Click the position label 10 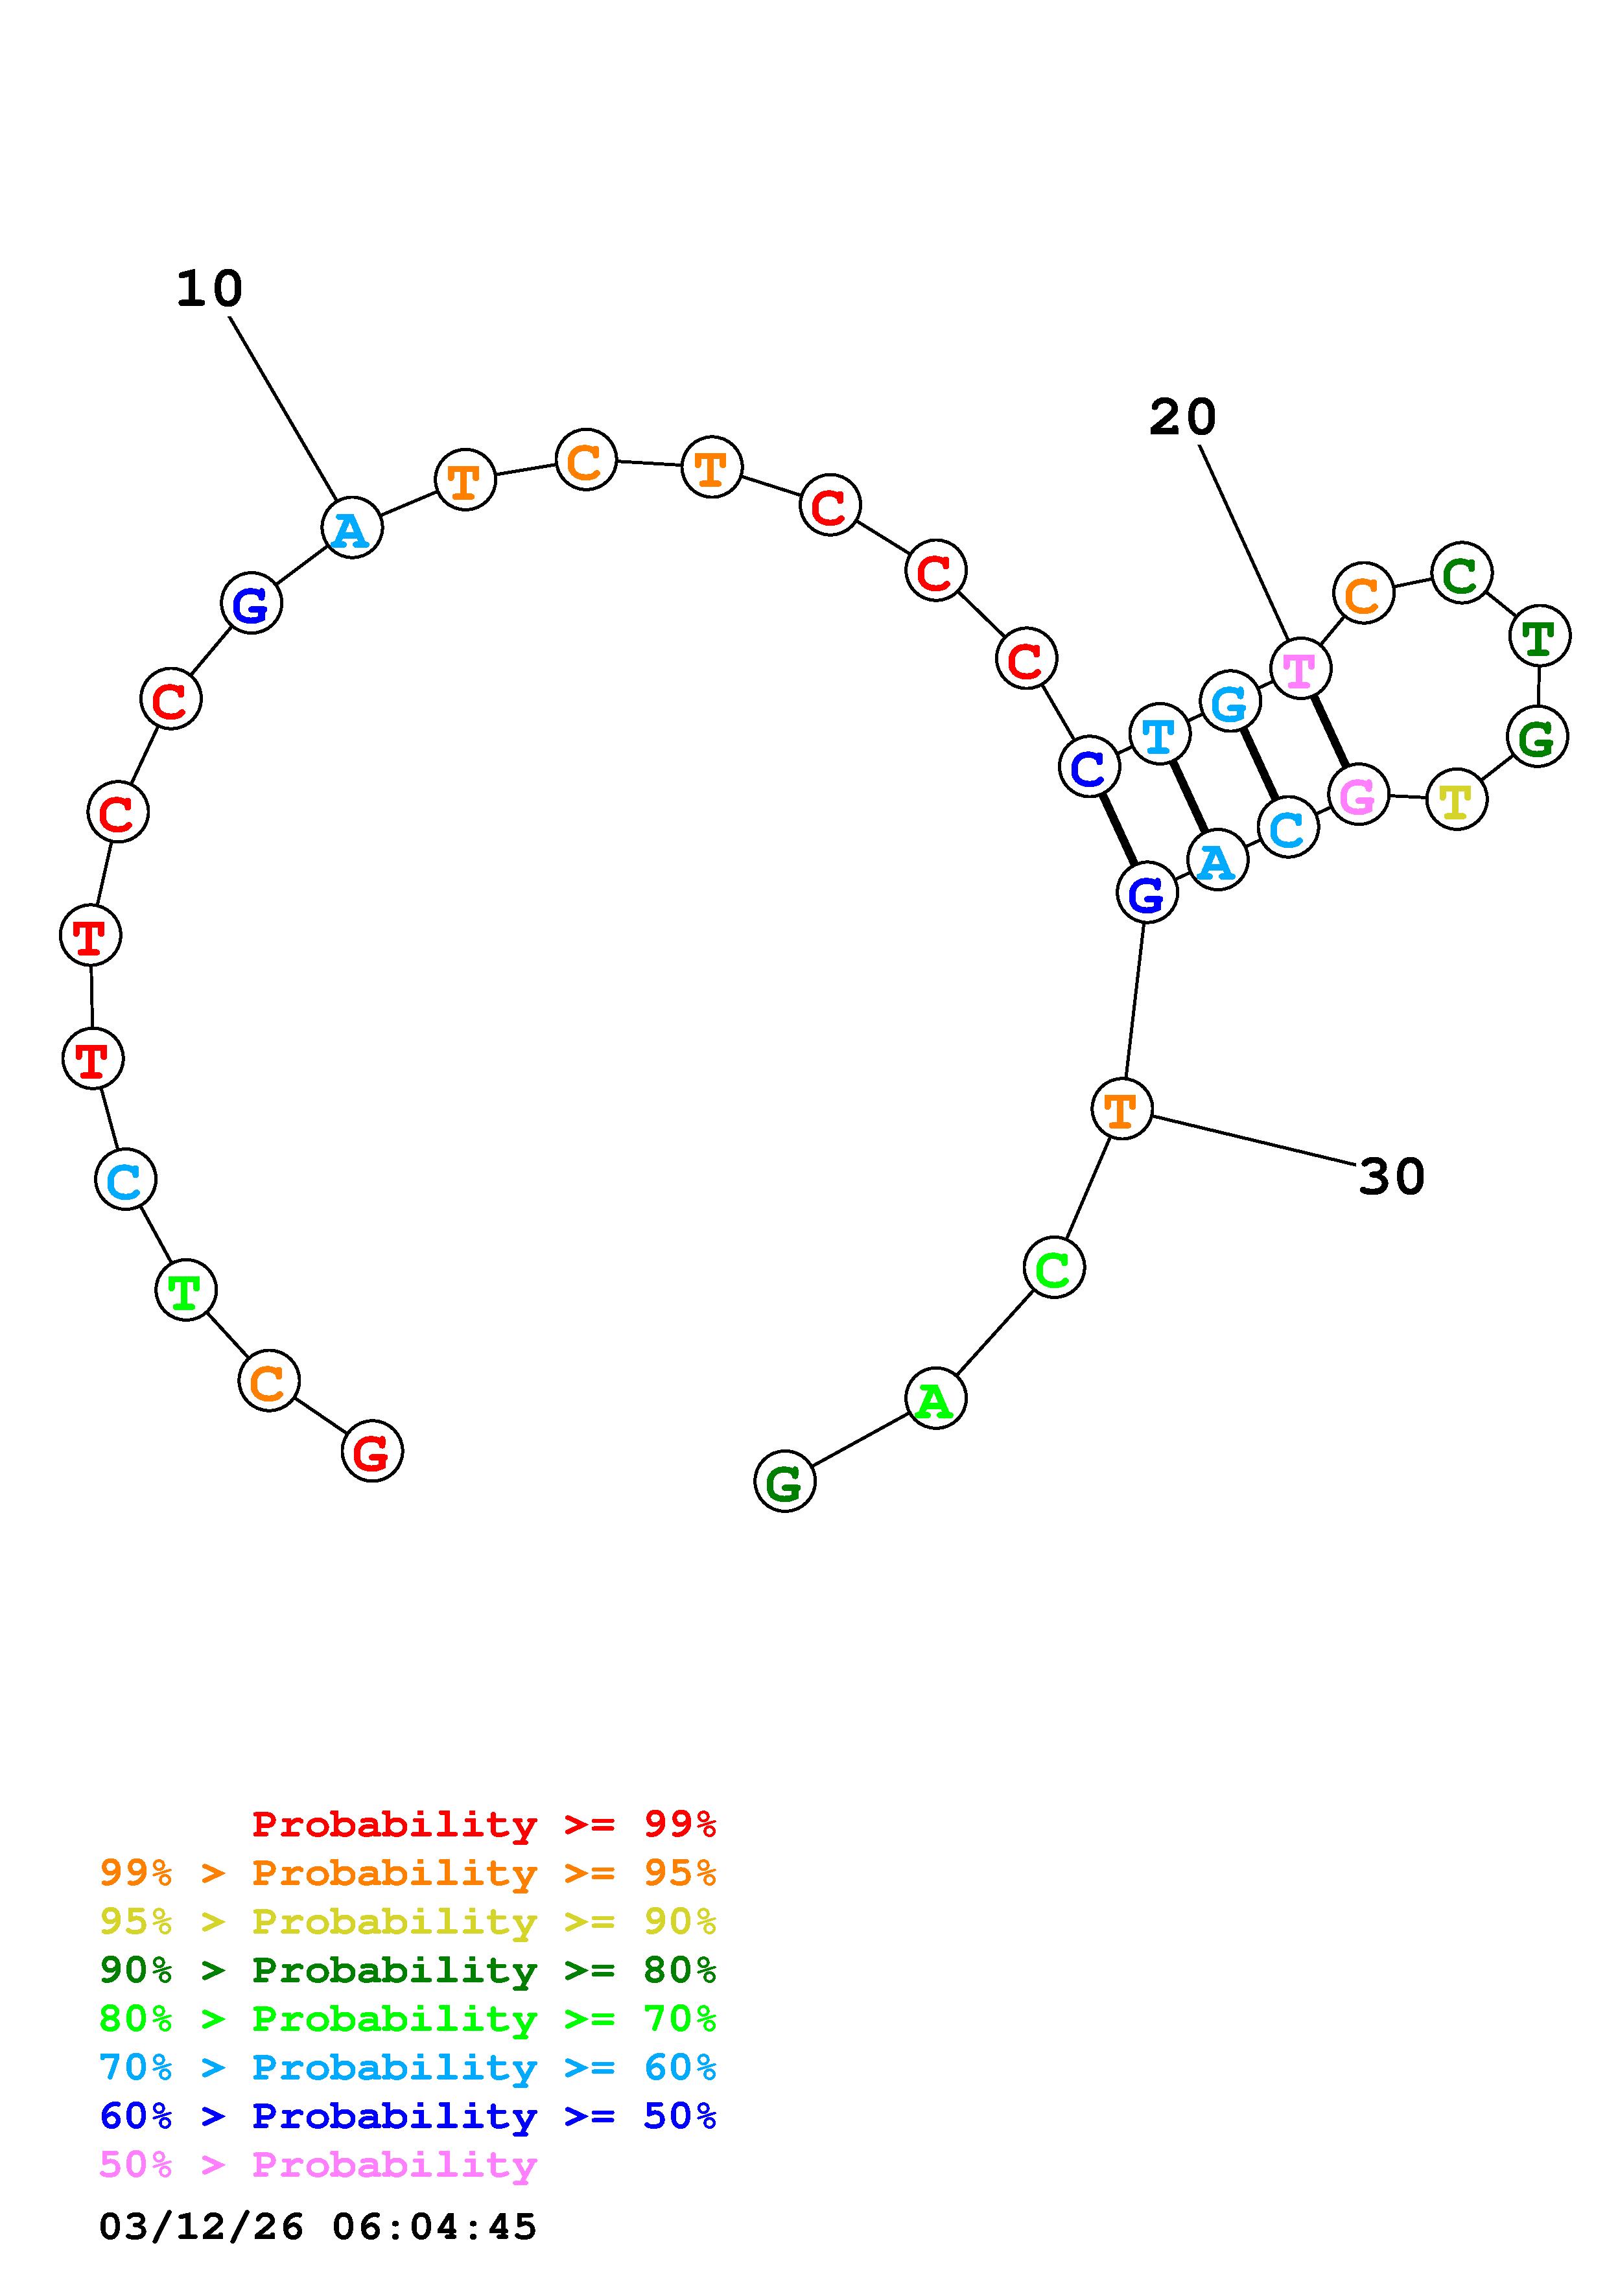click(209, 289)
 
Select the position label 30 click(1391, 1177)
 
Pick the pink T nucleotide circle click(1299, 670)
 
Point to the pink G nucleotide click(1357, 794)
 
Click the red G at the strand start click(372, 1452)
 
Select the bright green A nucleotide click(935, 1398)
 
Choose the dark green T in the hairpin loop click(1540, 637)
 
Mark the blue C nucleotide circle click(1089, 767)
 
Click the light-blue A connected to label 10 click(351, 529)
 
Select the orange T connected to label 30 click(1121, 1109)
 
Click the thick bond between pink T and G click(1329, 732)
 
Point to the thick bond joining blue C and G click(1118, 830)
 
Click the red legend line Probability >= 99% click(483, 1824)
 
